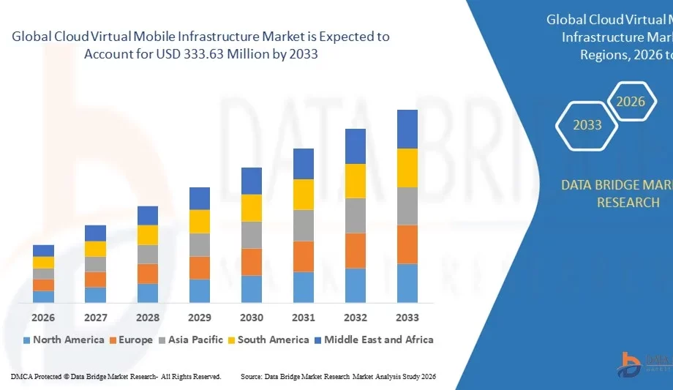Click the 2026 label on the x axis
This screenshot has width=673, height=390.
(x=43, y=318)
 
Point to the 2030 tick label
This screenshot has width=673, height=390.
(x=252, y=318)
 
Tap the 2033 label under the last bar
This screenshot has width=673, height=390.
(x=407, y=318)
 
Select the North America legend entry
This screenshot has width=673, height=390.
(x=64, y=340)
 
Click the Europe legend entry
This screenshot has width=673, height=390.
(x=132, y=340)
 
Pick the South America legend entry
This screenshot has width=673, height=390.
(x=268, y=340)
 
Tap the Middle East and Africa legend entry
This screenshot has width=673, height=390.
(x=373, y=340)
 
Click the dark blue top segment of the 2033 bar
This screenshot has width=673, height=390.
(x=407, y=129)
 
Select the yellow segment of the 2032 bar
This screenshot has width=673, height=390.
(x=356, y=181)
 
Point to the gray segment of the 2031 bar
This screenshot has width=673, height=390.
(x=304, y=225)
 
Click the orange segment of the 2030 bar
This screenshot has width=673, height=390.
(x=252, y=261)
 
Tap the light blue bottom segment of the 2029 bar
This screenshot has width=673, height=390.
(x=200, y=290)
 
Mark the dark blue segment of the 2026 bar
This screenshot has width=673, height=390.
(x=43, y=250)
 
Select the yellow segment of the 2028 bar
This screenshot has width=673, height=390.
(x=148, y=235)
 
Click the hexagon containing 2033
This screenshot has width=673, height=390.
(x=587, y=125)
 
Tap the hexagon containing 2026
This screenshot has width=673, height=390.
(x=630, y=102)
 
